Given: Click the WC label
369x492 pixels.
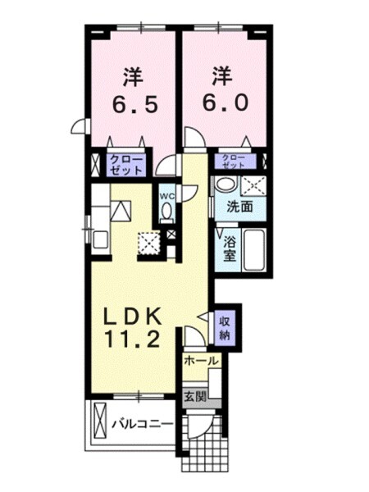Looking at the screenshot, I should pyautogui.click(x=166, y=196).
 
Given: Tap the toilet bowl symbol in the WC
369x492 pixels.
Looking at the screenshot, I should pyautogui.click(x=166, y=212).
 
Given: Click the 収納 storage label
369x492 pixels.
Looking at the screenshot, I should pyautogui.click(x=224, y=327).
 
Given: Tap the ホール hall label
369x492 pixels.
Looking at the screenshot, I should pyautogui.click(x=200, y=361).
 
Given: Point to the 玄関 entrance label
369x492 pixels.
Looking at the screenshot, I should pyautogui.click(x=194, y=397).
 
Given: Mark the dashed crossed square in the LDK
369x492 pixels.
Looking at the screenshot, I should pyautogui.click(x=149, y=244).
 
